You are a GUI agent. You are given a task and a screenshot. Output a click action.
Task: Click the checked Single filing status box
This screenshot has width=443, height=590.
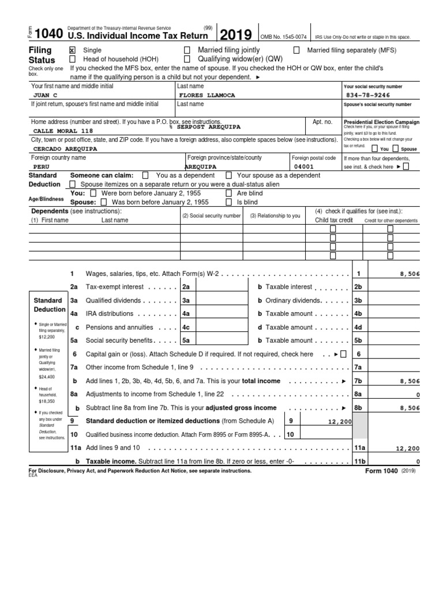(x=72, y=51)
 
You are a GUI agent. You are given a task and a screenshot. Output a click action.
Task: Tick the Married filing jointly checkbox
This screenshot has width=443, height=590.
(x=187, y=51)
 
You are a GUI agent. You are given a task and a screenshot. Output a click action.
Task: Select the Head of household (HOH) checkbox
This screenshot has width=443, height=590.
(x=72, y=59)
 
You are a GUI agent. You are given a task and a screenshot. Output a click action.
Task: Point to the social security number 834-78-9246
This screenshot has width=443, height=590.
(x=368, y=95)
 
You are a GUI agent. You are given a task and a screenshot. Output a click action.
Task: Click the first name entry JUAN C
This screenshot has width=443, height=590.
(x=46, y=95)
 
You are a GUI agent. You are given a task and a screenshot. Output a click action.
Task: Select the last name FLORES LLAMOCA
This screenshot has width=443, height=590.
(x=208, y=95)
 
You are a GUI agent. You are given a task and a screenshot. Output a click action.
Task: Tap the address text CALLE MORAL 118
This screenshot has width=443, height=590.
(x=59, y=131)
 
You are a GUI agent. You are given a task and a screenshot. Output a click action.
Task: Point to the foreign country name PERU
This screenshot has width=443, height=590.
(x=42, y=167)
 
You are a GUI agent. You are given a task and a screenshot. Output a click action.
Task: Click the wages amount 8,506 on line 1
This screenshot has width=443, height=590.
(x=409, y=274)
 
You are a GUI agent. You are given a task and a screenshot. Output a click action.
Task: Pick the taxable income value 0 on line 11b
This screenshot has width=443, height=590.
(x=418, y=462)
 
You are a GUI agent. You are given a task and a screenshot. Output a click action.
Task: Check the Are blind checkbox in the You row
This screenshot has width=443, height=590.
(x=228, y=194)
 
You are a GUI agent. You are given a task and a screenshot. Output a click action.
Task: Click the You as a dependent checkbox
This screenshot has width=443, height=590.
(x=145, y=175)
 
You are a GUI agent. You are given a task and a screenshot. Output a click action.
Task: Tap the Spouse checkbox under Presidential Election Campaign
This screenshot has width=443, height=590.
(x=396, y=149)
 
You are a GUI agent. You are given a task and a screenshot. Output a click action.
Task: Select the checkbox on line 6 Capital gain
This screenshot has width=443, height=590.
(x=344, y=354)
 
